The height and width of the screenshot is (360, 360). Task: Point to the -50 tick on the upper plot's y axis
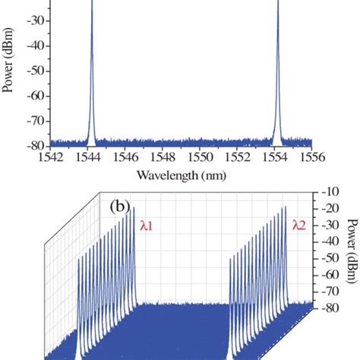[37, 71]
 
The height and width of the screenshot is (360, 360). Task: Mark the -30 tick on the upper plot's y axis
[37, 21]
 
